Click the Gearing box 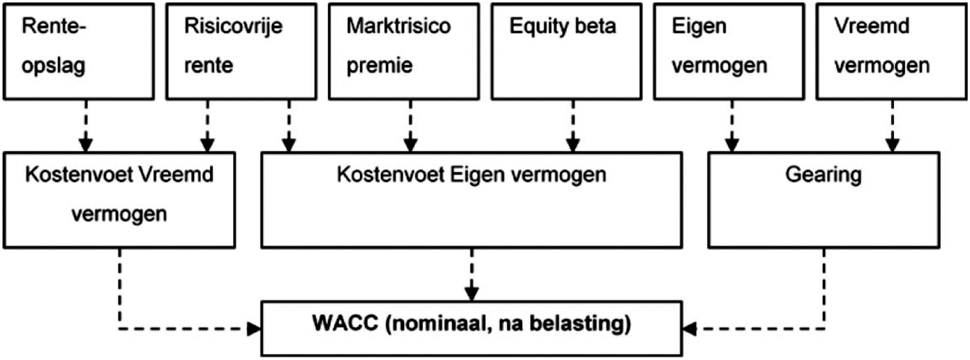[x=824, y=199]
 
